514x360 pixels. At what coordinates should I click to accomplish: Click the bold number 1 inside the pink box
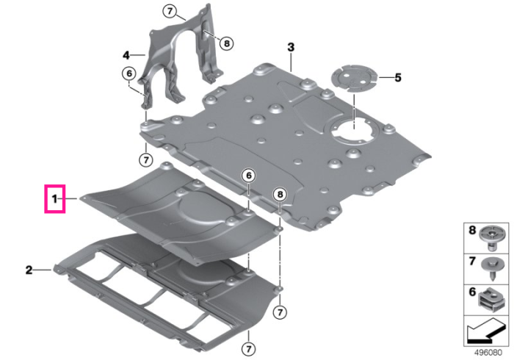click(55, 198)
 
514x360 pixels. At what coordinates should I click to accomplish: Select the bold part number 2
click(29, 270)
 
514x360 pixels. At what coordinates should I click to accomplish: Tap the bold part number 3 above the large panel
click(291, 47)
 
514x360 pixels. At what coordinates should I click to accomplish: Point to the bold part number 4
click(126, 55)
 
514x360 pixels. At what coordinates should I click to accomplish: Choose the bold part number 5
click(398, 78)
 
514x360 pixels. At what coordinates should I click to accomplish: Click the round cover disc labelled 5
click(355, 79)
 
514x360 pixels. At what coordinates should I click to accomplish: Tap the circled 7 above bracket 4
click(170, 12)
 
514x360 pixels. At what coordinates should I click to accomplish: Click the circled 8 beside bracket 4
click(226, 43)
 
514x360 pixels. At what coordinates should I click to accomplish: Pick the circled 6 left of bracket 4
click(129, 73)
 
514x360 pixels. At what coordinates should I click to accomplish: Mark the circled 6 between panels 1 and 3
click(249, 176)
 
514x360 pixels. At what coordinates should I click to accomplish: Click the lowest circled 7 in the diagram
click(248, 349)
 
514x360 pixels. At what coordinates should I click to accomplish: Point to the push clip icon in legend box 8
click(491, 238)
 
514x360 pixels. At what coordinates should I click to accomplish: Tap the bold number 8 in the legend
click(472, 230)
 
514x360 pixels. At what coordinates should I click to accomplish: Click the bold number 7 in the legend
click(472, 261)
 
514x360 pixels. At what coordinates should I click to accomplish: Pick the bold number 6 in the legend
click(472, 292)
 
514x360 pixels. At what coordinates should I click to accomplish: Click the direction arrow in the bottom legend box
click(485, 331)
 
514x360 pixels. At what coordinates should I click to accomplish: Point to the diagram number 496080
click(488, 353)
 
